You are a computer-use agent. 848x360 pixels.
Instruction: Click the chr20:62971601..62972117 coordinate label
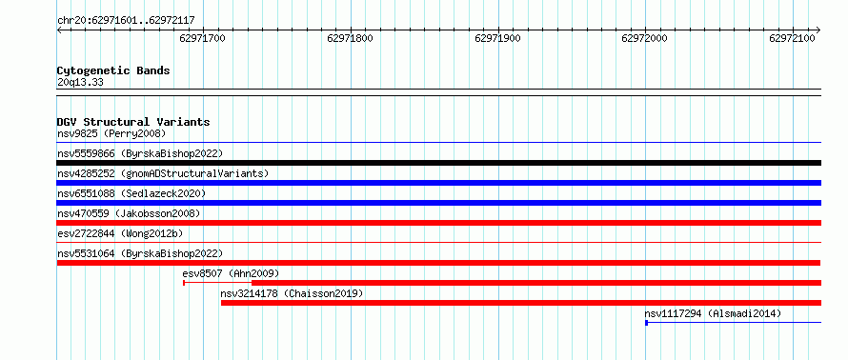126,21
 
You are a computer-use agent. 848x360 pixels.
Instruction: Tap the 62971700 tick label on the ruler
203,38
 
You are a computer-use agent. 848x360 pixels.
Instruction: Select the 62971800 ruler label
351,38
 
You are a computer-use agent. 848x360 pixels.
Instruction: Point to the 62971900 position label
497,38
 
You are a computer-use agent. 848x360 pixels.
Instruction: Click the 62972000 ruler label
645,38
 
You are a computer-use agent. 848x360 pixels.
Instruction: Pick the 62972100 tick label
793,38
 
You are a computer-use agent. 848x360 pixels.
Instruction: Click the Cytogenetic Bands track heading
113,70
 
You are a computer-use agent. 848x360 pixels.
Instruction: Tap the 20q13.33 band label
80,83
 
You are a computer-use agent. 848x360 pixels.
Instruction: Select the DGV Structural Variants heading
133,122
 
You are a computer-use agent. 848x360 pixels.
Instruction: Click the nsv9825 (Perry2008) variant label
111,133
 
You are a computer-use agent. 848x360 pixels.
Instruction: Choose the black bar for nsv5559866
439,163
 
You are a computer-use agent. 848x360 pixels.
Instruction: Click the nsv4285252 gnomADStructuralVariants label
163,173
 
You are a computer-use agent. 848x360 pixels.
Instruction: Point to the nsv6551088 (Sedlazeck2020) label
131,193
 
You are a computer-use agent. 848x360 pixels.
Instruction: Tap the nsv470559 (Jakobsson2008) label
129,213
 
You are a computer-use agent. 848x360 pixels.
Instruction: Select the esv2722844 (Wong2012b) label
120,233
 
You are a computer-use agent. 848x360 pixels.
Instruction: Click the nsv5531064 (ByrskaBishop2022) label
140,253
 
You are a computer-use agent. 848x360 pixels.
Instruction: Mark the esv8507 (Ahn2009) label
231,273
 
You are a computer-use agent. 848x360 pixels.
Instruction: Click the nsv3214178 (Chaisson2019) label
292,293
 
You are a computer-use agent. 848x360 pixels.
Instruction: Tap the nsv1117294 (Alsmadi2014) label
713,313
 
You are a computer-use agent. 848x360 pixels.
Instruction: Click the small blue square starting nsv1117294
646,323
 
